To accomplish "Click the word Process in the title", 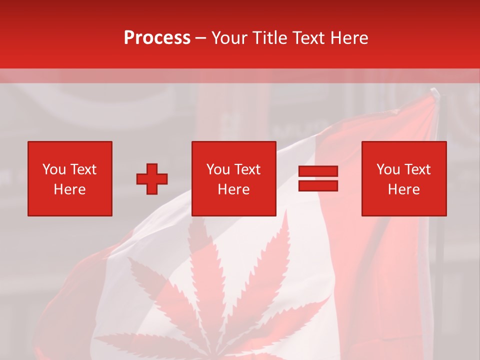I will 157,38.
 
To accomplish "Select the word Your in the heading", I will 229,38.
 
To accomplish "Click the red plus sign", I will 152,179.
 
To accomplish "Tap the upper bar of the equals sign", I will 318,171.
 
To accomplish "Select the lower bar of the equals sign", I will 318,185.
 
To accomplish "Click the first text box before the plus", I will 70,178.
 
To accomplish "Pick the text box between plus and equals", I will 234,178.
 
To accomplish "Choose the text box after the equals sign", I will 404,178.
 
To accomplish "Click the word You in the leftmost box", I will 54,169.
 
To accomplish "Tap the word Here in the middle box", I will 234,189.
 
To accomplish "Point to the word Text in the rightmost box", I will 417,169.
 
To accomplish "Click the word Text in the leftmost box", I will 83,169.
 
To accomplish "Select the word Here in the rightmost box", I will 404,189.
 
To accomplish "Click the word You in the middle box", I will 218,169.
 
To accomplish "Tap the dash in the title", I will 201,38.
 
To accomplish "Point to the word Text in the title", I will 307,38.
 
